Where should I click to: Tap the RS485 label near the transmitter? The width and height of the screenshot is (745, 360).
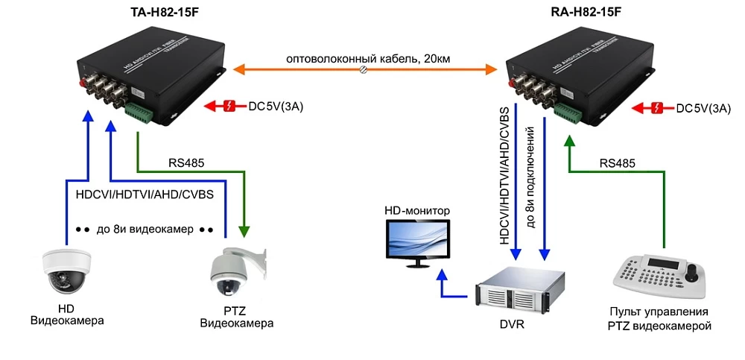tap(187, 162)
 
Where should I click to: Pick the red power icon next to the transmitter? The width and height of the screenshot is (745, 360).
tap(229, 107)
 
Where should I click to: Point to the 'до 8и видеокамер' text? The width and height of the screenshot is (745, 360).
tap(145, 228)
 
